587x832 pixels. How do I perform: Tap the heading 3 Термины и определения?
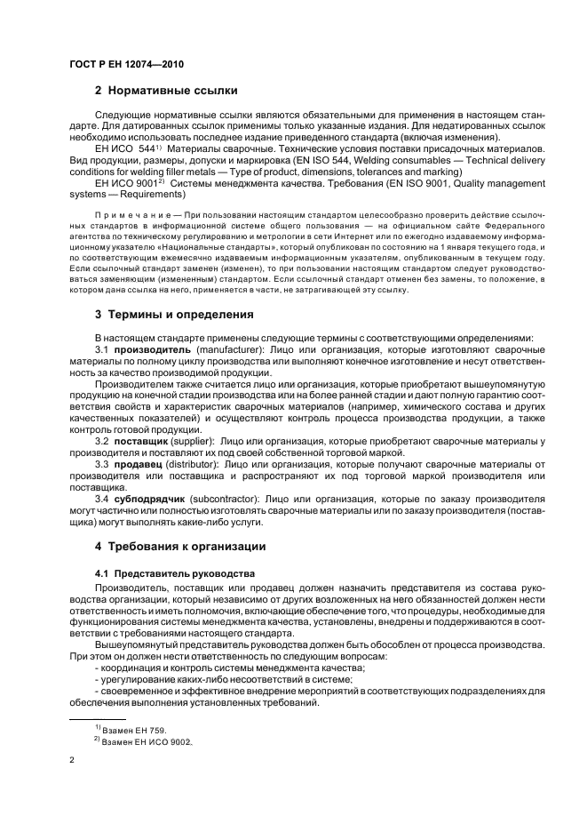168,314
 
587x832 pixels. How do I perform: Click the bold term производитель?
153,350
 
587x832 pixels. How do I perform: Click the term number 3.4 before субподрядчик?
102,500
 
